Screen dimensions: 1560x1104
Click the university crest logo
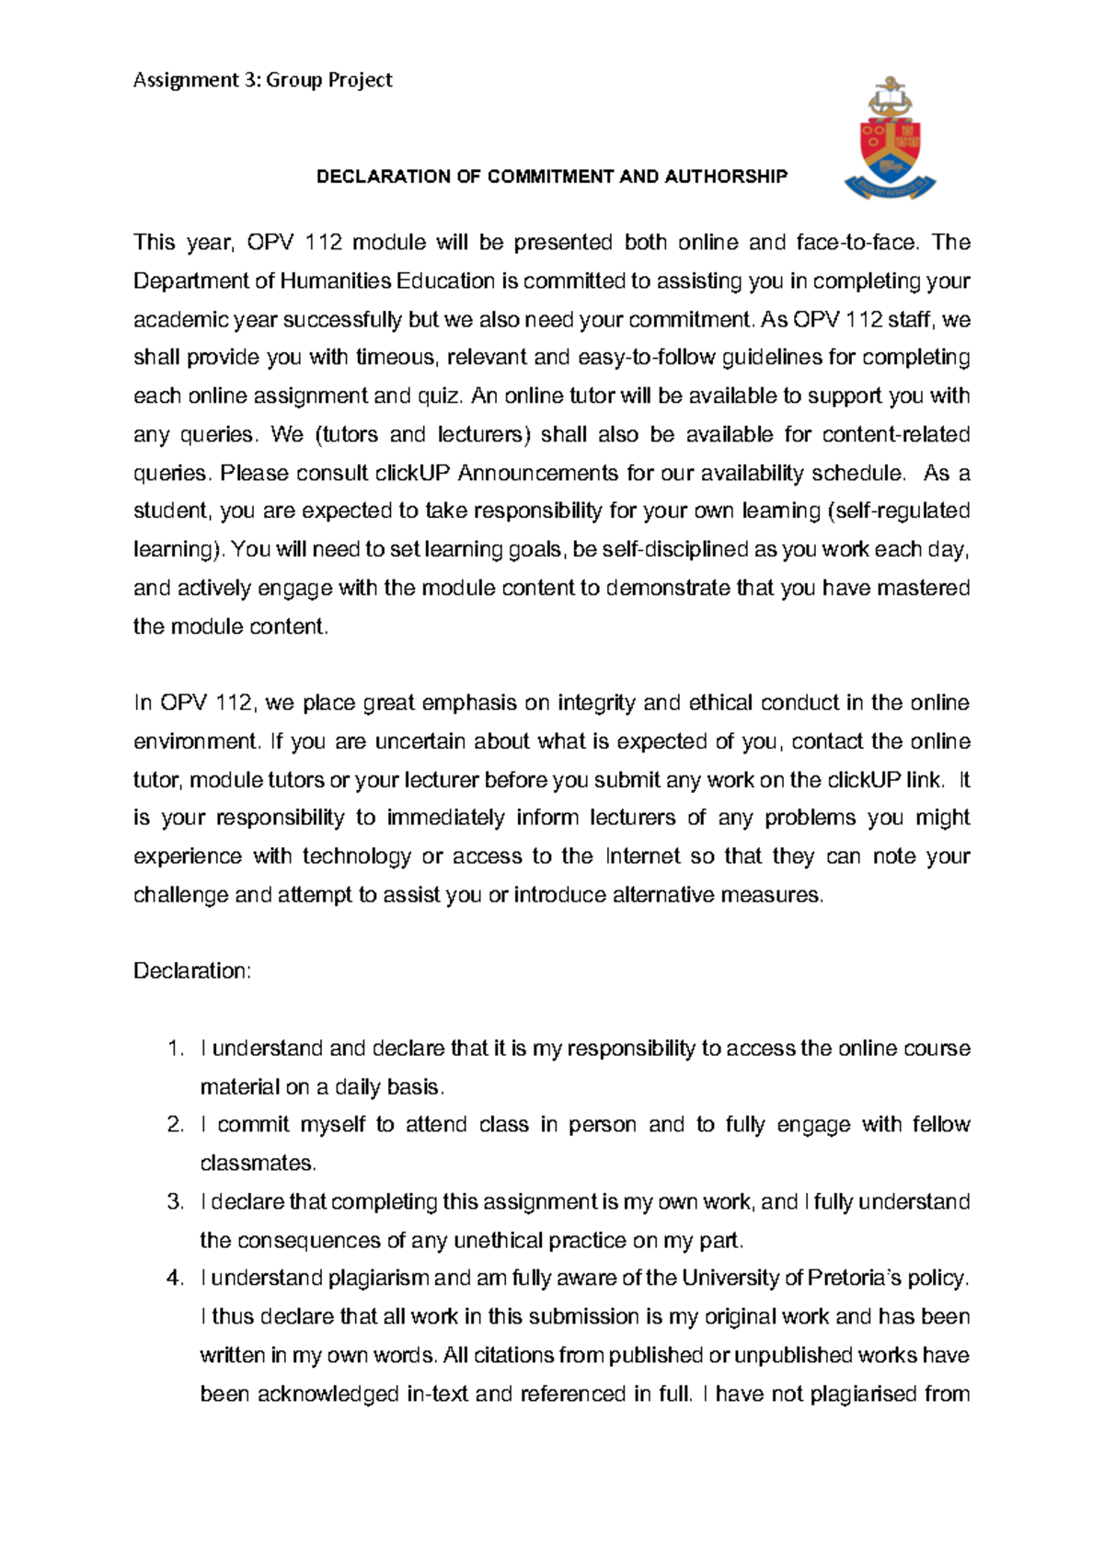coord(889,139)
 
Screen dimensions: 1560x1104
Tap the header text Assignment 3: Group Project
coord(263,80)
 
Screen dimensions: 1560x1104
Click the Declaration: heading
coord(191,971)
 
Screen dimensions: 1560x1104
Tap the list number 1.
coord(176,1049)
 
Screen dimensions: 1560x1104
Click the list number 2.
coord(176,1125)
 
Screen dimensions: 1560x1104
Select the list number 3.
coord(176,1202)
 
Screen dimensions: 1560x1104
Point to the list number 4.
coord(176,1279)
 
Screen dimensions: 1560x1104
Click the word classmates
coord(258,1164)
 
